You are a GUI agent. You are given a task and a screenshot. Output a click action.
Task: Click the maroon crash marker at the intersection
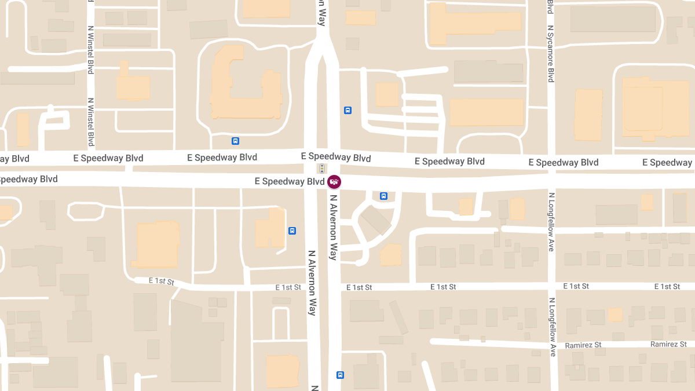point(334,182)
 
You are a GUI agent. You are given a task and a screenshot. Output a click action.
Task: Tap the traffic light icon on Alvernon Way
point(322,169)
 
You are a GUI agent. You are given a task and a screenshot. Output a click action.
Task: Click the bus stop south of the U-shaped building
point(235,141)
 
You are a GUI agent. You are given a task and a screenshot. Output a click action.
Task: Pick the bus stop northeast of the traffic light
point(348,110)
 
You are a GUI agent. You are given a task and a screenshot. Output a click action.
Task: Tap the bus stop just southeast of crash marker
point(383,196)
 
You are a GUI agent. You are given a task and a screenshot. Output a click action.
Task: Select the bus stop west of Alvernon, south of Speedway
point(292,231)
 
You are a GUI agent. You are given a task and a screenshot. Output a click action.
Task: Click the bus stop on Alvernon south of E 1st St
point(340,375)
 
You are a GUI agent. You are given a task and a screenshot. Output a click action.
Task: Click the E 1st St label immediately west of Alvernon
point(288,287)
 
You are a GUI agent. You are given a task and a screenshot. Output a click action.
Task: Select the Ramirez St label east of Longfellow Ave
point(668,344)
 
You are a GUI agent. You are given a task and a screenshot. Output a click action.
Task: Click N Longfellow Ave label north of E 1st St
point(551,222)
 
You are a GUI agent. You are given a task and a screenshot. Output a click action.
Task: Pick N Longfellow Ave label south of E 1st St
point(551,327)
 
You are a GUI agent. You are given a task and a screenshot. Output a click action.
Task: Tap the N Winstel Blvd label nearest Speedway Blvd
point(91,121)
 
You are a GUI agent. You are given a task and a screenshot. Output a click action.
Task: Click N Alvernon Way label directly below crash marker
point(333,227)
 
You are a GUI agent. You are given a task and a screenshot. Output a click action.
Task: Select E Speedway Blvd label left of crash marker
point(290,181)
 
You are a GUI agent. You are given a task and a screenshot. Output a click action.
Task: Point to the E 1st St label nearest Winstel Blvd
point(162,281)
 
